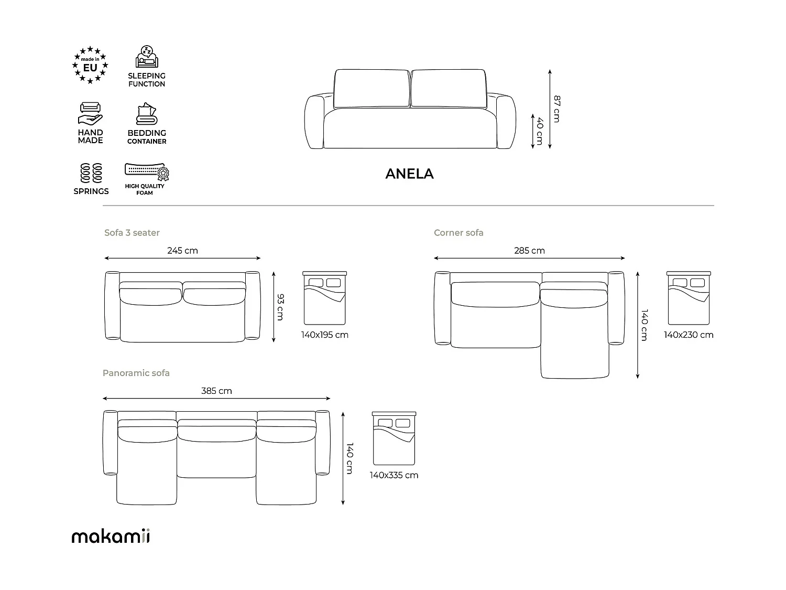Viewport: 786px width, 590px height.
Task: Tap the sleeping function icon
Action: point(146,57)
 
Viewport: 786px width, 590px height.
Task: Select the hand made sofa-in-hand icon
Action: point(91,113)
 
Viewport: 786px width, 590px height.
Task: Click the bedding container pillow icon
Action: point(146,114)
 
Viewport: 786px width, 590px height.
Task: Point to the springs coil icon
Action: point(91,173)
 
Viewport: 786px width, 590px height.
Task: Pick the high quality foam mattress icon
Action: point(147,171)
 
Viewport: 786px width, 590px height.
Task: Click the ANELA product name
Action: point(409,174)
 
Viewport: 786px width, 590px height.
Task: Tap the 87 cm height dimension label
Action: point(557,109)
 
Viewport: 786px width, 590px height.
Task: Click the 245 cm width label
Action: point(182,251)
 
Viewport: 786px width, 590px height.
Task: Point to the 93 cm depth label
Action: point(280,307)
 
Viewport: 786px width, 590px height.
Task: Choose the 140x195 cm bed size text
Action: point(325,335)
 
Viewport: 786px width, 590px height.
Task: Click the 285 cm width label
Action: point(529,251)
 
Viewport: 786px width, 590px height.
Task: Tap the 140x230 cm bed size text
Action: point(689,335)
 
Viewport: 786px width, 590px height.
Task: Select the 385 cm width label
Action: point(216,391)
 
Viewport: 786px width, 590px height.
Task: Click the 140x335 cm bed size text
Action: point(394,475)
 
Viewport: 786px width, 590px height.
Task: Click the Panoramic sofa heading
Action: point(136,373)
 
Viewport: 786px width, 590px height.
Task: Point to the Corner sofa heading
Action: point(458,232)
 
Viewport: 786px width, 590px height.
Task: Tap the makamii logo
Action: point(111,537)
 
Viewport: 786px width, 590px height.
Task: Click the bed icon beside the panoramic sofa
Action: point(394,438)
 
